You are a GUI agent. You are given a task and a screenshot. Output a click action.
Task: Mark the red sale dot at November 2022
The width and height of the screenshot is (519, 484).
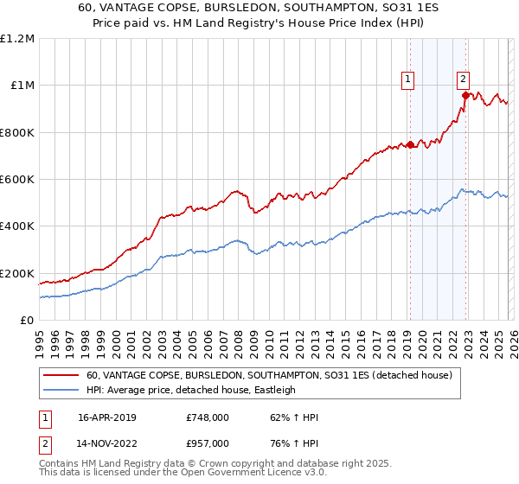(465, 95)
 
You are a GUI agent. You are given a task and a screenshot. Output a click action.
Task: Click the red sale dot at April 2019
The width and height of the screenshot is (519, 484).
(410, 144)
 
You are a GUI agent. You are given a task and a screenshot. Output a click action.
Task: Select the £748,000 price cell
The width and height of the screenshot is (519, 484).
(208, 417)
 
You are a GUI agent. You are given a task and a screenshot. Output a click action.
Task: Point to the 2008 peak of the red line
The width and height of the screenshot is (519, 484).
(234, 191)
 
